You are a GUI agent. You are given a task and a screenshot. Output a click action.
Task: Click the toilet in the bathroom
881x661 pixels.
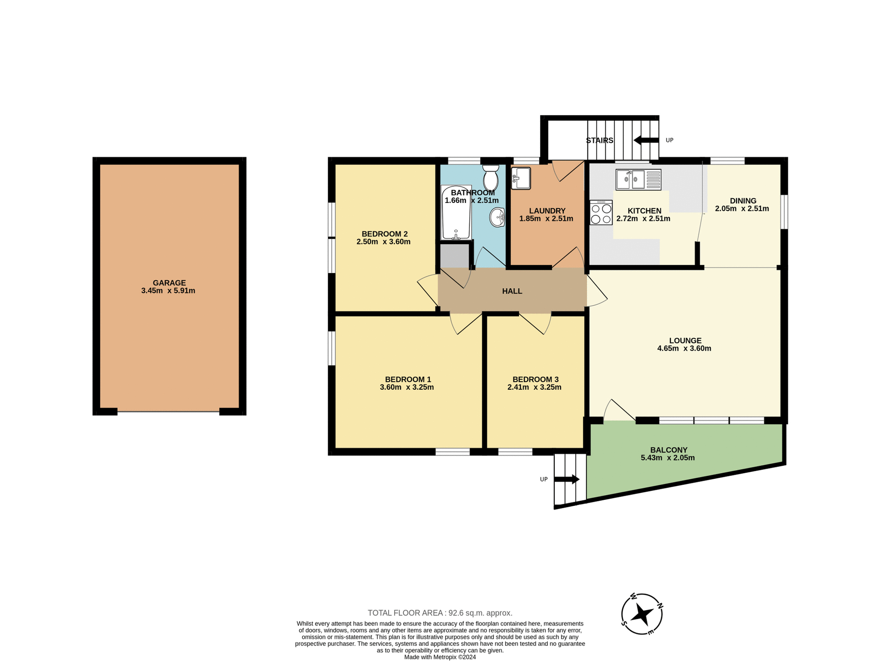pos(491,178)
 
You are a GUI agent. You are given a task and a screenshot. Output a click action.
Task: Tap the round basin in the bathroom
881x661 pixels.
pos(497,218)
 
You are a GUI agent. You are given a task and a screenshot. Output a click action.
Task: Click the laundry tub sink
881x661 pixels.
pos(521,178)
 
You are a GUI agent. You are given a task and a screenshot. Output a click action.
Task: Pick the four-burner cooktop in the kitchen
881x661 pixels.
pos(601,213)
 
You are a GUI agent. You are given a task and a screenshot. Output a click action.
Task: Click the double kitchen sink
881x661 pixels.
pos(638,179)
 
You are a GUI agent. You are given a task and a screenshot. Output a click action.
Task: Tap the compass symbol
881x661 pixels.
pos(642,614)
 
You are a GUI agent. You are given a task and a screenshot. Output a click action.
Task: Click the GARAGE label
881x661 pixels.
pos(169,283)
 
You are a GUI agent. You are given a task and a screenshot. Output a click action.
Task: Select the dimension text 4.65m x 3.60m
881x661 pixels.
pos(684,348)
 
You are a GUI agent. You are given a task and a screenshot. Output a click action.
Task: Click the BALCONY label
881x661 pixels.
pos(669,450)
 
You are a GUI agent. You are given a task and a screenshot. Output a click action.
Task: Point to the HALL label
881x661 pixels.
pos(512,291)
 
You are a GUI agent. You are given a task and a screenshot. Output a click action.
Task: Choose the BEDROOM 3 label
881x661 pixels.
pos(535,379)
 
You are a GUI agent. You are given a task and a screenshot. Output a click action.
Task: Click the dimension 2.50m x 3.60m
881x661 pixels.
pos(383,242)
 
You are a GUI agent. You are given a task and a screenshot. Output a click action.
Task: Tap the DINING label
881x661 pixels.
pos(742,201)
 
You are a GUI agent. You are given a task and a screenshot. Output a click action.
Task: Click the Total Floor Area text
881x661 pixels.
pos(440,613)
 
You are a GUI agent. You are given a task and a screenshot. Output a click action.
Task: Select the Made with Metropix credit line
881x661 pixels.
pos(440,657)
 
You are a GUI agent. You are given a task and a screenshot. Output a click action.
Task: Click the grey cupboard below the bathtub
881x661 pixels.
pos(454,256)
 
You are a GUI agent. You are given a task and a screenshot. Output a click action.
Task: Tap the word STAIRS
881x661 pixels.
pos(599,140)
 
